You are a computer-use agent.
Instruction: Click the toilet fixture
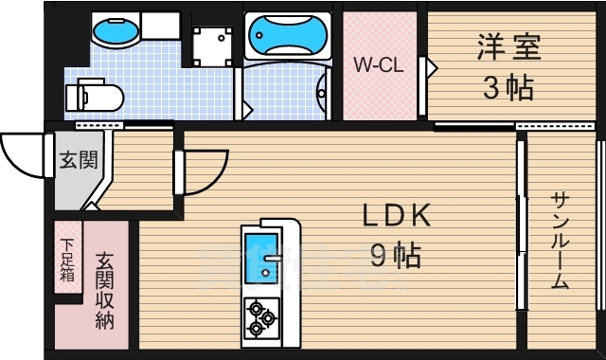point(94,95)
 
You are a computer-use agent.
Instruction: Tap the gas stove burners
point(258,317)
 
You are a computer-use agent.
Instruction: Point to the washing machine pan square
point(211,43)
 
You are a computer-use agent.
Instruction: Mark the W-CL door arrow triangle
point(430,68)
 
